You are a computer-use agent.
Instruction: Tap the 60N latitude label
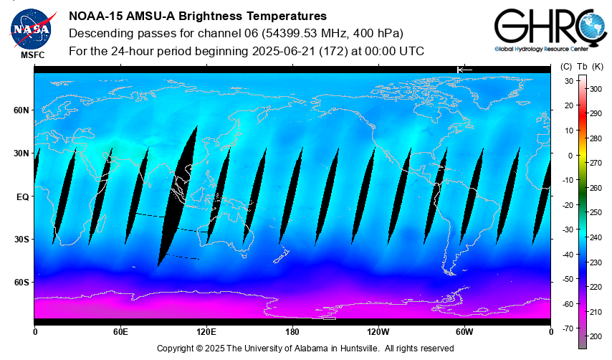[21, 110]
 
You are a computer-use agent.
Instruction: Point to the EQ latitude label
[22, 196]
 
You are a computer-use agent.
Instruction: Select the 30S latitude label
[21, 239]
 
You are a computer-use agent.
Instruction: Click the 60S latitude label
[21, 282]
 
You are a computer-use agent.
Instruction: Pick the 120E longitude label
[206, 332]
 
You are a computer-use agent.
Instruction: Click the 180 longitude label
[292, 332]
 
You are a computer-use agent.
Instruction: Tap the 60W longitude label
[464, 332]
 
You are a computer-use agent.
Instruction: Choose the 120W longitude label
[378, 332]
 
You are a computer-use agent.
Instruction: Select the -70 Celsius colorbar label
[568, 328]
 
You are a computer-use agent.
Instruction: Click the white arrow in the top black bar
[464, 69]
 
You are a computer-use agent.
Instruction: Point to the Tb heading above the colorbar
[582, 67]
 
